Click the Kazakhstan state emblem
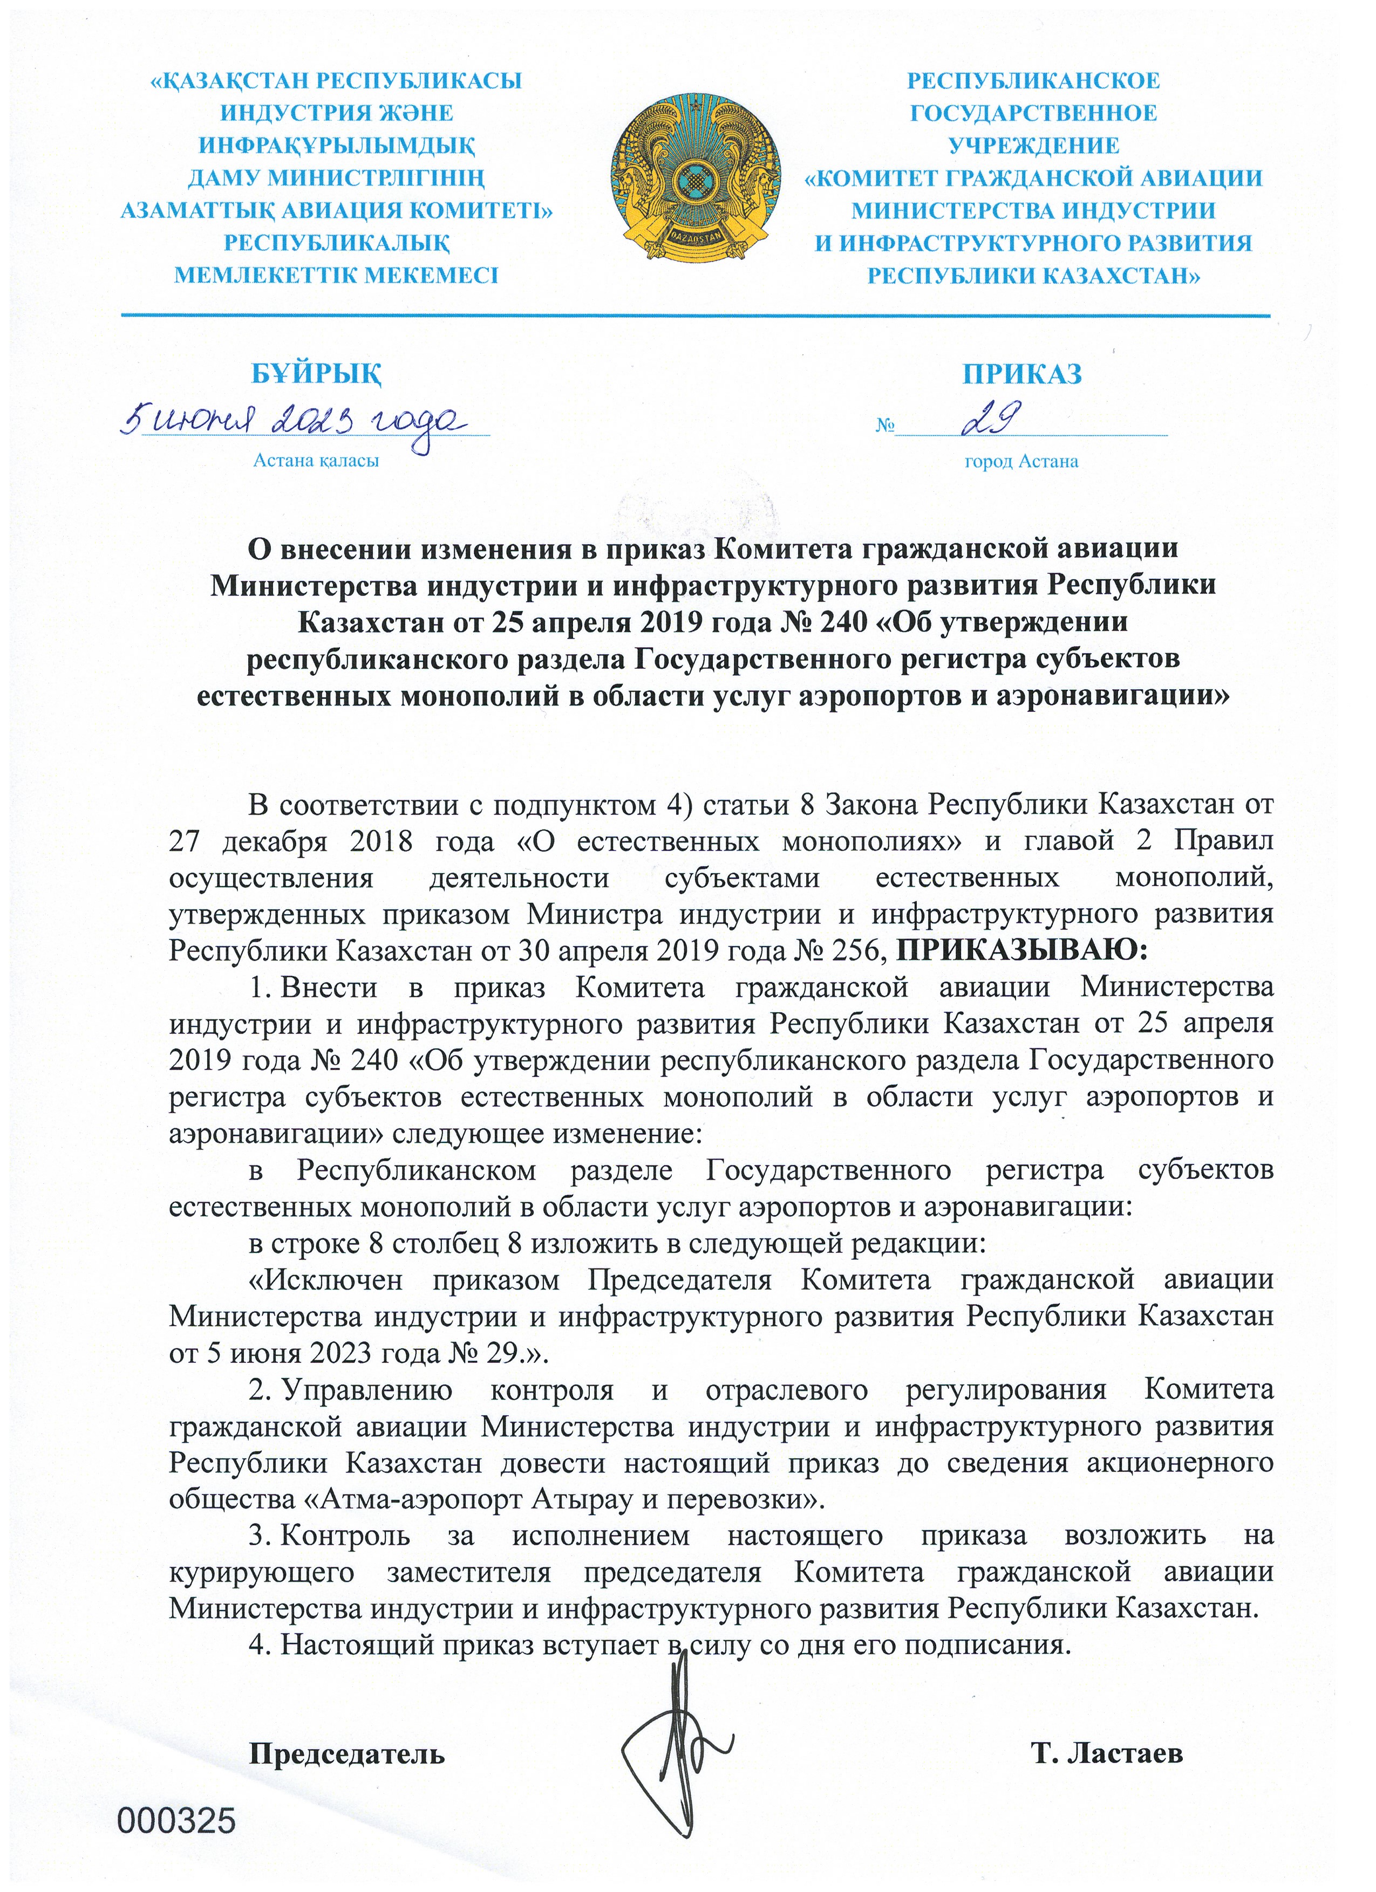(x=695, y=177)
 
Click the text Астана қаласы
(x=316, y=461)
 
